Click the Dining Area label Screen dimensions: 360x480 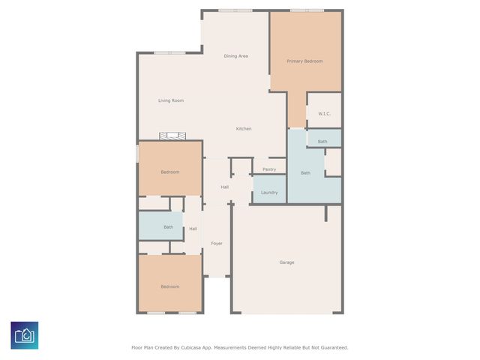(235, 56)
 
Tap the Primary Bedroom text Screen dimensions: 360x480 (304, 61)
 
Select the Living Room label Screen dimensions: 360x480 (171, 100)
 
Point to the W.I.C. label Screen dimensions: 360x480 (324, 114)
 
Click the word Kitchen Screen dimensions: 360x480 (244, 129)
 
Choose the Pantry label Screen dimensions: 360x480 (269, 169)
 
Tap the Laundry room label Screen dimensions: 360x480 (269, 193)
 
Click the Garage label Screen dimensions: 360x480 (286, 262)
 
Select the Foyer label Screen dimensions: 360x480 (217, 244)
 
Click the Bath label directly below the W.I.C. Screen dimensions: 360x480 (322, 142)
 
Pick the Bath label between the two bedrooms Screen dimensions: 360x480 (168, 227)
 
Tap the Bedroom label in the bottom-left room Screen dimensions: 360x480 (169, 286)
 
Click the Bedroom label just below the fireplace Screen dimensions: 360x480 (169, 172)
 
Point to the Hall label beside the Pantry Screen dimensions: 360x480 (224, 187)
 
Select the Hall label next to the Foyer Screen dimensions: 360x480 (193, 229)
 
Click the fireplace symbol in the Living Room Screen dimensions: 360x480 (171, 136)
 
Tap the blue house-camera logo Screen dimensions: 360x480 (25, 335)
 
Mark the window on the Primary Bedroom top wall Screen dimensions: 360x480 (307, 10)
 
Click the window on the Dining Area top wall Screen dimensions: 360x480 (235, 10)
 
